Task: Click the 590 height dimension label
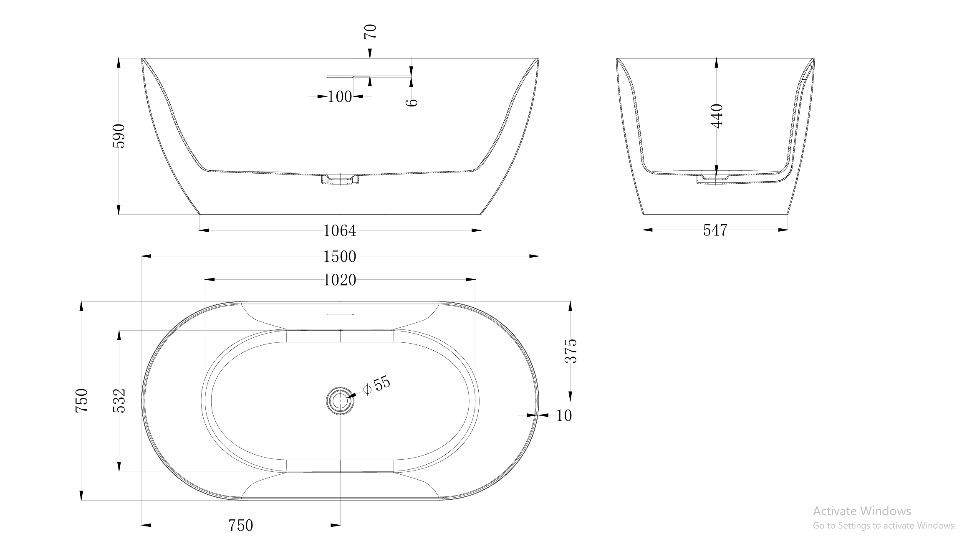click(119, 136)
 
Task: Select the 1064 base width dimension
click(340, 230)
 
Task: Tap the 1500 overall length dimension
click(340, 256)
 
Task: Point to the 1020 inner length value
click(340, 280)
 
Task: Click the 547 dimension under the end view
click(715, 230)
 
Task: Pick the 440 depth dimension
click(717, 116)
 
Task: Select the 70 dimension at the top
click(370, 32)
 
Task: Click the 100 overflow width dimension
click(339, 97)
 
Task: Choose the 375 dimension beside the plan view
click(571, 351)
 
